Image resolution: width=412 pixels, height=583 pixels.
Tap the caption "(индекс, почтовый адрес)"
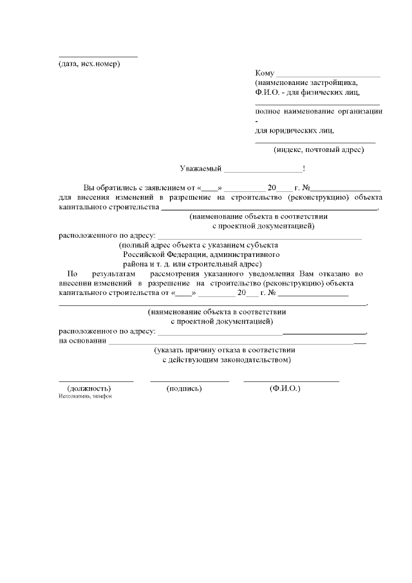click(319, 150)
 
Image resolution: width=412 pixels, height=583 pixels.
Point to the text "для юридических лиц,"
click(294, 130)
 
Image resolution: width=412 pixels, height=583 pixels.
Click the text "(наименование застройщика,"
click(306, 83)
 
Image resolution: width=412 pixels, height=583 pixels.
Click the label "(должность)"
click(89, 389)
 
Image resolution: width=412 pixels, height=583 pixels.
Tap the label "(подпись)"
click(184, 389)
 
